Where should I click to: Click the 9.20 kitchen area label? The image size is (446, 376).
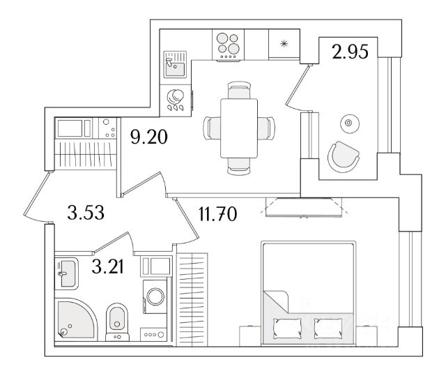(x=149, y=137)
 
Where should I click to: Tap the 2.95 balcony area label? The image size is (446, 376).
(x=350, y=52)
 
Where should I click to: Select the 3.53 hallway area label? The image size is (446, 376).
(x=86, y=213)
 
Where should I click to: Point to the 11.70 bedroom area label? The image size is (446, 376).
(x=217, y=214)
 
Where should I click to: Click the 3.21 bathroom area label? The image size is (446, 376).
(x=107, y=267)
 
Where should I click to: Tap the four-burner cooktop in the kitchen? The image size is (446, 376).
(x=228, y=45)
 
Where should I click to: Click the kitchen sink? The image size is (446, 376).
(x=175, y=65)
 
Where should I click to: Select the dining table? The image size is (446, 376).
(x=239, y=128)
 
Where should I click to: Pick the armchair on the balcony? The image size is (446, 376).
(x=344, y=157)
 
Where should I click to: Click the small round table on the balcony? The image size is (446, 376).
(x=350, y=123)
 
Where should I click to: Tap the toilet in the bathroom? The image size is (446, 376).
(x=117, y=322)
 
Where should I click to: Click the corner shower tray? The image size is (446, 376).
(x=76, y=319)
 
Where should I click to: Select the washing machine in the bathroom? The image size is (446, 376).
(x=155, y=296)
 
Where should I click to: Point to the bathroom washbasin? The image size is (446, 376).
(x=66, y=273)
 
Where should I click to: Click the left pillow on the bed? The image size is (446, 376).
(x=287, y=329)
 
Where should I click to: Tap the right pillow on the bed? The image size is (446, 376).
(x=328, y=329)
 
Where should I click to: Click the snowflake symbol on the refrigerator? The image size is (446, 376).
(x=284, y=43)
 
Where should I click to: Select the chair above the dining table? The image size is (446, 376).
(x=239, y=90)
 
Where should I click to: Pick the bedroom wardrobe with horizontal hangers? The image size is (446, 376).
(x=192, y=299)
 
